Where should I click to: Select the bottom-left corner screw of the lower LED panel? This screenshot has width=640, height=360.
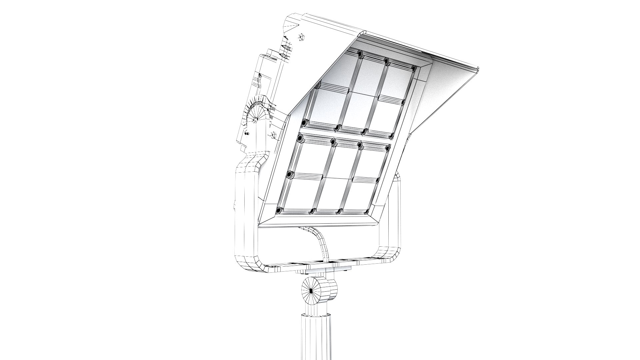click(279, 210)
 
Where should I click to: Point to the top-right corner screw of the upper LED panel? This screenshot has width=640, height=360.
click(413, 69)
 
